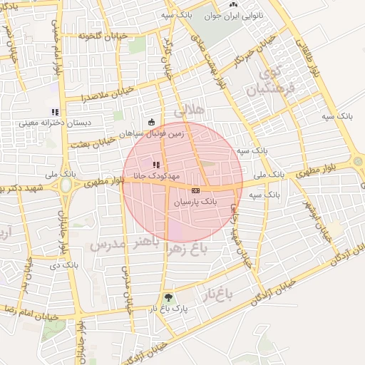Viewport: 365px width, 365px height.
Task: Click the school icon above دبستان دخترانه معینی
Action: [55, 112]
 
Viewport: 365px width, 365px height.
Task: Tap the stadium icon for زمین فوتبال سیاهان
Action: [151, 122]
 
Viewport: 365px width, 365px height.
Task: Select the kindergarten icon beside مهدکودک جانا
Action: [156, 165]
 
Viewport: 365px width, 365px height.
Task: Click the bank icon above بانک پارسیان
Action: [195, 190]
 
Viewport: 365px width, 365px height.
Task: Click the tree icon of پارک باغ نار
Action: [168, 297]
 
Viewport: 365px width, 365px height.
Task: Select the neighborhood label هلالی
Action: [190, 110]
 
